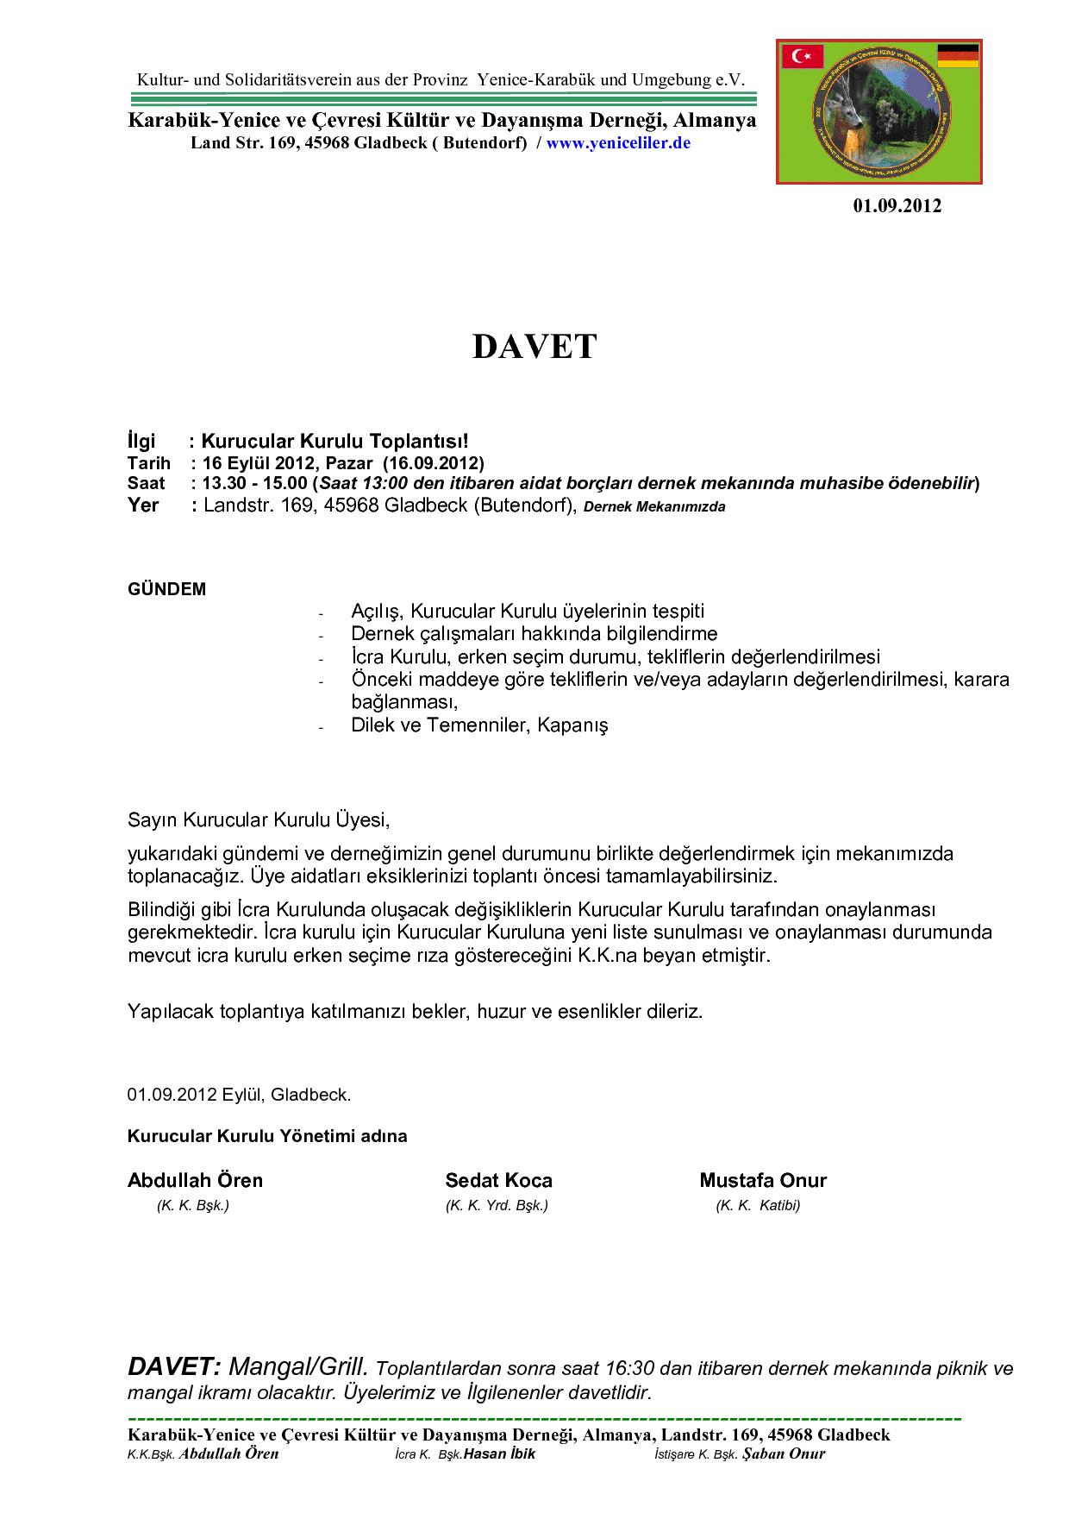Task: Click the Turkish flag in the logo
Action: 803,57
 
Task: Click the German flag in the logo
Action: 957,56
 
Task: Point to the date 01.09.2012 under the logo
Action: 897,206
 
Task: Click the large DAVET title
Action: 534,347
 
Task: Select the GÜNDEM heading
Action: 167,590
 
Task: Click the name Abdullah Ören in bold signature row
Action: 195,1180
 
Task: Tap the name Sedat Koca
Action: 498,1180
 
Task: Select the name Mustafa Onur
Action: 763,1180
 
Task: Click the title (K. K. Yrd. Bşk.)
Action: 497,1206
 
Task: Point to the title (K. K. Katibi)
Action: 758,1206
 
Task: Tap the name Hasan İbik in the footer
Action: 499,1454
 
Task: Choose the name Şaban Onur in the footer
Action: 784,1454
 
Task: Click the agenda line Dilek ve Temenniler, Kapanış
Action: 479,725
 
